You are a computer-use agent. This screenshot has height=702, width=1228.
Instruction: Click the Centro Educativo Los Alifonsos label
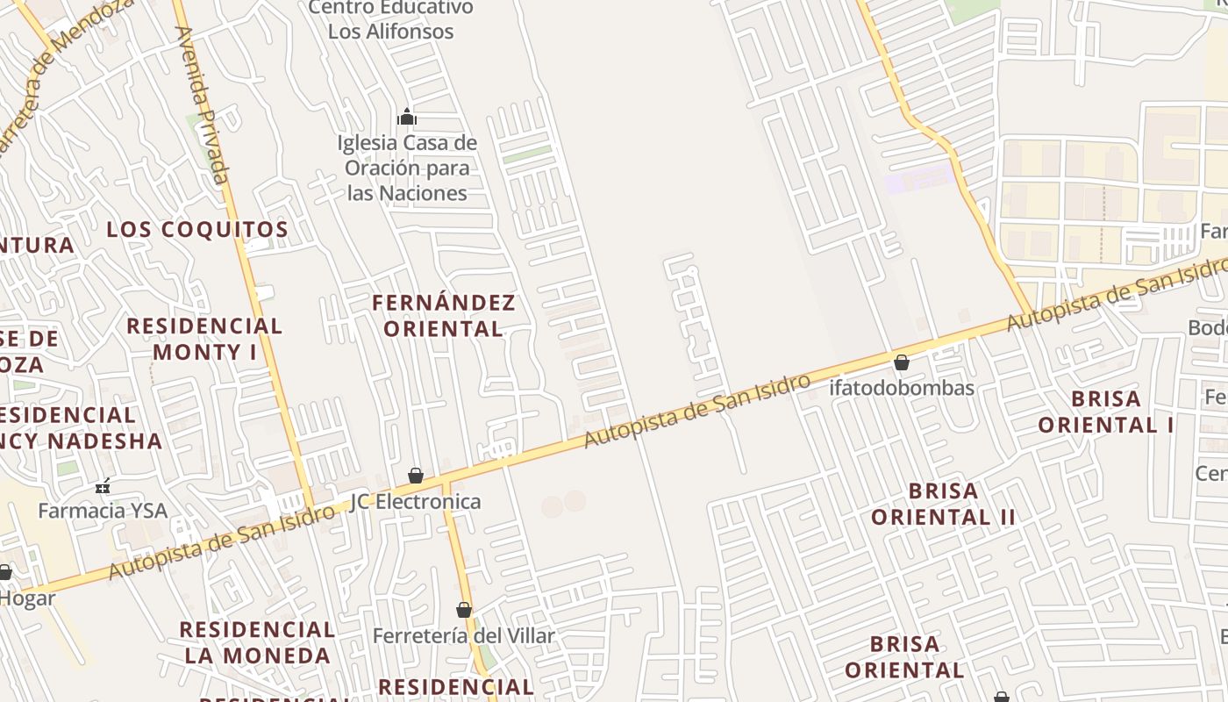(391, 19)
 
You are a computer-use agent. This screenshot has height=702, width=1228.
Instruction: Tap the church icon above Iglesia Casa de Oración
(407, 117)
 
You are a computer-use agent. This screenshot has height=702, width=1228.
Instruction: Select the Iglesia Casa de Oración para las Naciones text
(408, 168)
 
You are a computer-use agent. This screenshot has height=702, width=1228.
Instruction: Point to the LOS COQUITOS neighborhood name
(197, 230)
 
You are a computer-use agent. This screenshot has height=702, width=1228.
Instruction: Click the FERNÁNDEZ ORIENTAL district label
(444, 316)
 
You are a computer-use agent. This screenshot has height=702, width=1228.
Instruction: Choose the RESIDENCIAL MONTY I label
(204, 339)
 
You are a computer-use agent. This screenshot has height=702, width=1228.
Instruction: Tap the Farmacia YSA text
(102, 510)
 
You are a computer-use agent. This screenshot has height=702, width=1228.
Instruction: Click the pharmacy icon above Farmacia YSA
(103, 485)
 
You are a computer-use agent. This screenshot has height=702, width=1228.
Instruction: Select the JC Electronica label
(416, 502)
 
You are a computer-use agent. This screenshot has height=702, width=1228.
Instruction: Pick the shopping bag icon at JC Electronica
(416, 476)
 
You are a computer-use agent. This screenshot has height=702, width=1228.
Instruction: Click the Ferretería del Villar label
(464, 635)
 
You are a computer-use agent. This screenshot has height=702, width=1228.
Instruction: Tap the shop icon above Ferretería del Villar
(464, 610)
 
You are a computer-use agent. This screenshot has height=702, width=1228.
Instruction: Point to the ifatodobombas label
(902, 388)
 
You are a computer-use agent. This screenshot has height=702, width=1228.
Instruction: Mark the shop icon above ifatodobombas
(902, 362)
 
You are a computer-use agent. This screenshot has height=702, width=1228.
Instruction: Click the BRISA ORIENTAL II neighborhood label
(943, 504)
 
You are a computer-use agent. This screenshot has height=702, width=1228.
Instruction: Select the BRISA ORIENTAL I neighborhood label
(1106, 412)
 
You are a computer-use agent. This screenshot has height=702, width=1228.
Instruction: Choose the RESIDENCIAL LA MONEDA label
(257, 642)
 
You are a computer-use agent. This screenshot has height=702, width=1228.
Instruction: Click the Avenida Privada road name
(203, 105)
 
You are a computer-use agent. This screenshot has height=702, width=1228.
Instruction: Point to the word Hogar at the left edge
(28, 598)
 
